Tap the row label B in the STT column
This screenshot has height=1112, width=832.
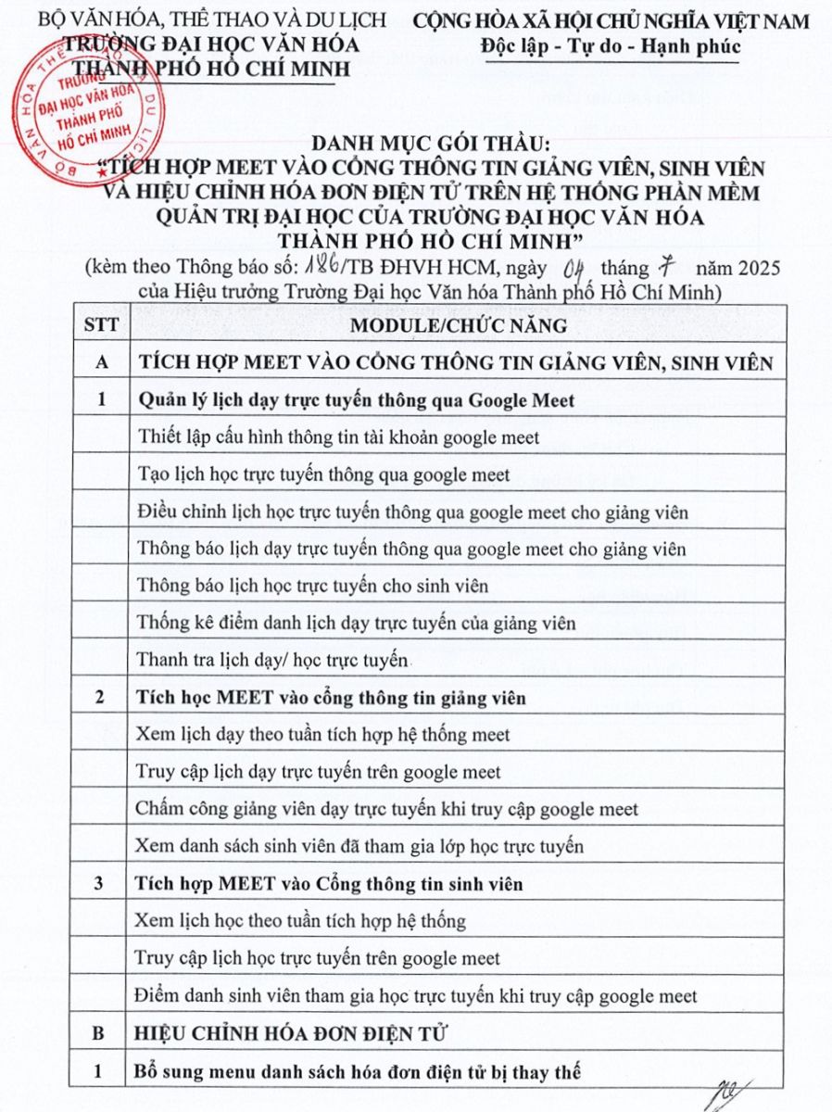point(99,1034)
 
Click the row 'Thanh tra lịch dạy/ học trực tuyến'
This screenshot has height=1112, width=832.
point(273,661)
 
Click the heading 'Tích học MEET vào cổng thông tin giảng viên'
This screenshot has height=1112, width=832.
point(331,698)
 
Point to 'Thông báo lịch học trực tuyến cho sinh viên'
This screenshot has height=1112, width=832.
point(312,586)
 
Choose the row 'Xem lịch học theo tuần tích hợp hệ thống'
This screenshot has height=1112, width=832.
point(300,921)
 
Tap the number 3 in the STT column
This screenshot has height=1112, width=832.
point(99,884)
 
